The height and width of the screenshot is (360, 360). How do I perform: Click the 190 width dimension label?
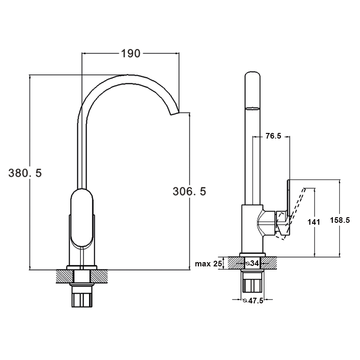pos(131,53)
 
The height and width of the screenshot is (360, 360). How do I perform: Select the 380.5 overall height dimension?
pos(25,173)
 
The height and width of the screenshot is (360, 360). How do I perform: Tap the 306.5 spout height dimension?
pos(190,191)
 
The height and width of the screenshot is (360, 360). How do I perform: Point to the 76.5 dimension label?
pos(273,136)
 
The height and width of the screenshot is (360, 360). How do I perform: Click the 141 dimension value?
pos(314,222)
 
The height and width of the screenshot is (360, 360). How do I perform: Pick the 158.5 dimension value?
pos(340,220)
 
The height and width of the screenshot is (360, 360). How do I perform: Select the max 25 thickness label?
pos(208,264)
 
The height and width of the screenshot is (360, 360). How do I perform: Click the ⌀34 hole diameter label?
pos(252,264)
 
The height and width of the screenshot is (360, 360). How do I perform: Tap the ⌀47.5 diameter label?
pos(253,301)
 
